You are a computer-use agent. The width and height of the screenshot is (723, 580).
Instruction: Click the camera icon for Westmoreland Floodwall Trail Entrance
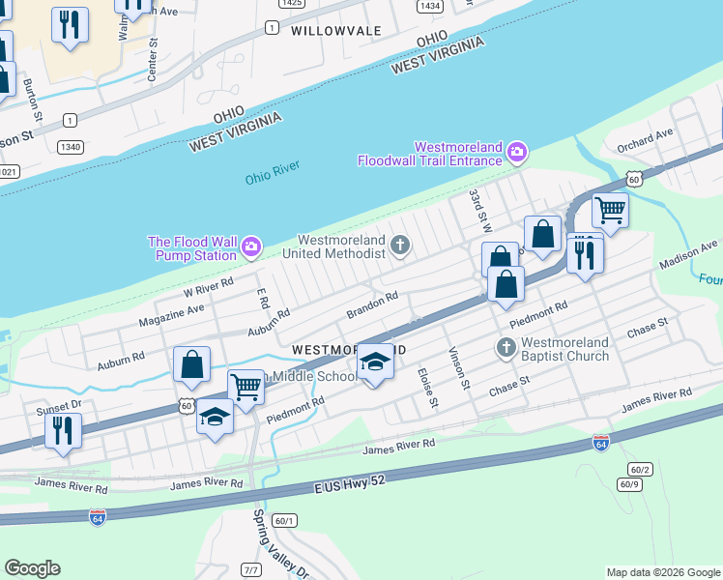click(x=517, y=152)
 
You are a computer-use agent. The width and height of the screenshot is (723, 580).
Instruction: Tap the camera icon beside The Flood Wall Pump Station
click(x=251, y=247)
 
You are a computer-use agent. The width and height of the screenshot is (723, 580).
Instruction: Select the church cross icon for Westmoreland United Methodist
click(x=400, y=246)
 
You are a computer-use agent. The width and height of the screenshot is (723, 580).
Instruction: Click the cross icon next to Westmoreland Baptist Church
click(x=506, y=348)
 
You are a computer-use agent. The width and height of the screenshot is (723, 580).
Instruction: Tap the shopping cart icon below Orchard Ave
click(x=610, y=208)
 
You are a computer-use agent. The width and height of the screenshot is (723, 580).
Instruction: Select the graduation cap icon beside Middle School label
click(x=376, y=362)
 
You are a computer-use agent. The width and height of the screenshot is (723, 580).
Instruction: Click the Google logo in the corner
click(x=32, y=568)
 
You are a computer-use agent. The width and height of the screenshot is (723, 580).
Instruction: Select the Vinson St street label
click(x=458, y=369)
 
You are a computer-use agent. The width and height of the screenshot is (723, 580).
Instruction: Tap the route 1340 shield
click(x=69, y=147)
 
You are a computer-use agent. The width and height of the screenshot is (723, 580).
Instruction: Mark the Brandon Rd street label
click(x=372, y=306)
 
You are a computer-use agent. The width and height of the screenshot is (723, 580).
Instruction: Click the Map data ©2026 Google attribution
click(x=662, y=572)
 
